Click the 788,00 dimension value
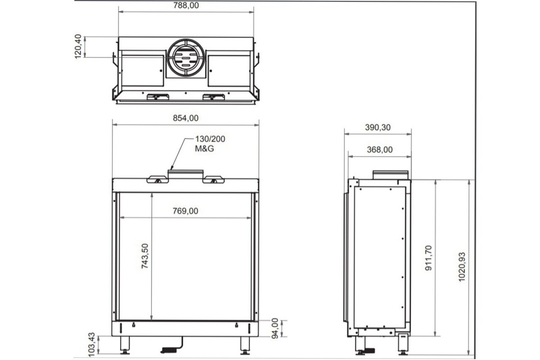click(x=186, y=5)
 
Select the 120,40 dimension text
click(x=78, y=47)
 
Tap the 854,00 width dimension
click(x=186, y=118)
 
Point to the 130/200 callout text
click(x=209, y=139)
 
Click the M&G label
click(x=204, y=148)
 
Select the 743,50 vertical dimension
click(x=145, y=256)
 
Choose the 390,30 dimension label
click(x=377, y=127)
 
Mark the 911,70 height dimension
click(x=429, y=257)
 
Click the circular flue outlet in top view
click(x=186, y=58)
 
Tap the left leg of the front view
click(x=125, y=344)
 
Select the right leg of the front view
click(x=245, y=344)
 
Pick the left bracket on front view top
click(x=157, y=179)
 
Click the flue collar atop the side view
click(x=390, y=175)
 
